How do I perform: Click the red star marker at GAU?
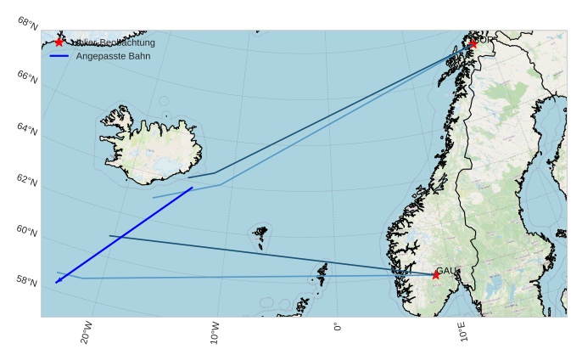click(436, 274)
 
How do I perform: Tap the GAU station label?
click(447, 271)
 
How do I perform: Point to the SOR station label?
click(485, 39)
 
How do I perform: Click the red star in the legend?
click(59, 42)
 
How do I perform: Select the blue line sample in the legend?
click(59, 56)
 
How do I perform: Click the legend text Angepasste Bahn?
click(113, 56)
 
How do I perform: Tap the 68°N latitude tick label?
click(27, 22)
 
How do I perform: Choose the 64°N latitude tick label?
click(27, 130)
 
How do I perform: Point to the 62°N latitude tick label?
click(27, 181)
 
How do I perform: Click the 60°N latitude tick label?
click(27, 230)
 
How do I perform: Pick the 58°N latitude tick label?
click(27, 280)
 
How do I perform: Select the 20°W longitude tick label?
click(86, 332)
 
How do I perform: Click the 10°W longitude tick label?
click(215, 332)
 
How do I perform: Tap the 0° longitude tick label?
click(338, 326)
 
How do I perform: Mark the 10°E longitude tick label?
click(463, 332)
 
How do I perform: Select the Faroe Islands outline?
click(260, 232)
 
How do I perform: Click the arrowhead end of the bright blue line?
click(57, 282)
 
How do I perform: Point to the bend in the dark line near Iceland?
click(214, 173)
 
